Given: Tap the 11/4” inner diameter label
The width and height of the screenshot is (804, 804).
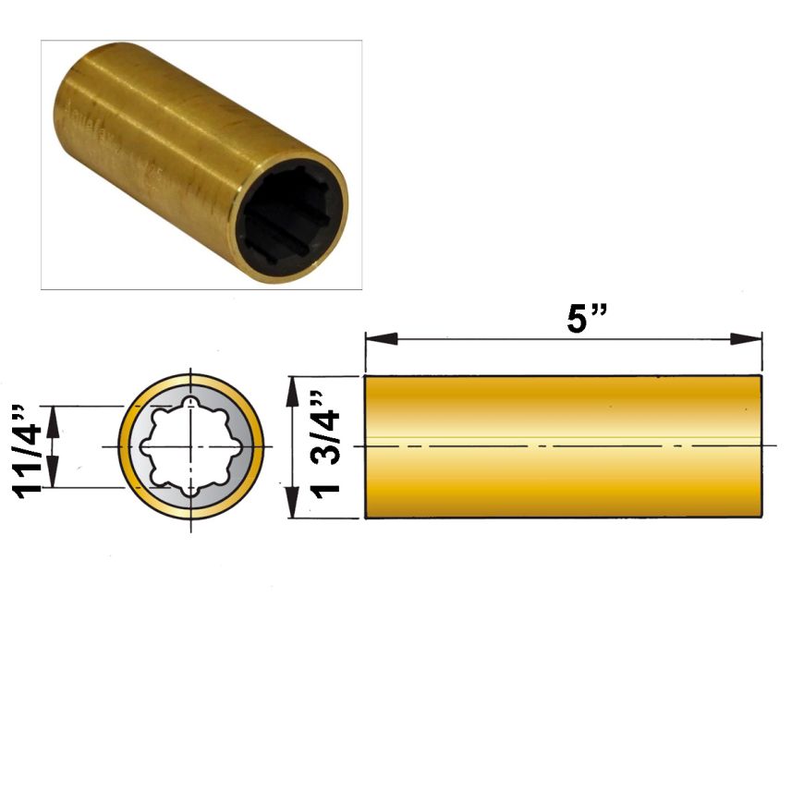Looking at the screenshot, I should (x=30, y=448).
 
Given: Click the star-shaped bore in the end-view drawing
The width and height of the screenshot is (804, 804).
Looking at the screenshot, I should (x=191, y=446).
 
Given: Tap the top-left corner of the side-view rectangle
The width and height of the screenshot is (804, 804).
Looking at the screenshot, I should (x=365, y=376).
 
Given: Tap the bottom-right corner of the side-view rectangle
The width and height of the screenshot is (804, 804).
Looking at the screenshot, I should (x=761, y=518).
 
